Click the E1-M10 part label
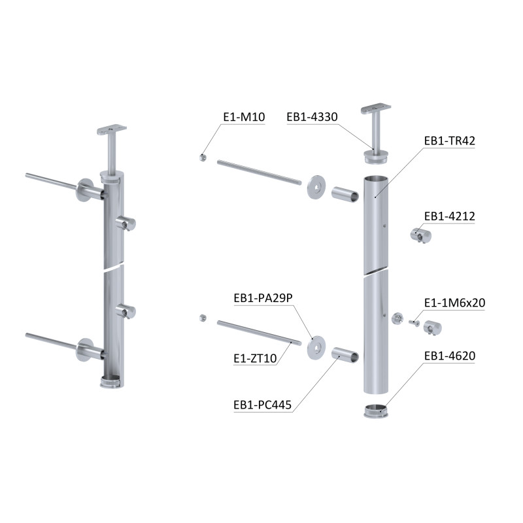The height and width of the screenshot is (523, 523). click(244, 117)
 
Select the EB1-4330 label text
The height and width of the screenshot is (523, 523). click(312, 117)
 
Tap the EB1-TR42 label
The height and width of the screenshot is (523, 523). click(449, 141)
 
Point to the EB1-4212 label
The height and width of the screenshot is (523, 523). click(449, 216)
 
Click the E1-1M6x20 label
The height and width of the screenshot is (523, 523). click(454, 303)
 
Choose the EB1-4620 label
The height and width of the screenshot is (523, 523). click(450, 356)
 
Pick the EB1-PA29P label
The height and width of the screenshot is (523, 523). click(263, 298)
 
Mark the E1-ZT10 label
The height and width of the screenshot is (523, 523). click(255, 358)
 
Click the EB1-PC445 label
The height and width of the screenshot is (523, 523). click(263, 405)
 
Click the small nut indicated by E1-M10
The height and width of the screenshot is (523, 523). click(203, 158)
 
